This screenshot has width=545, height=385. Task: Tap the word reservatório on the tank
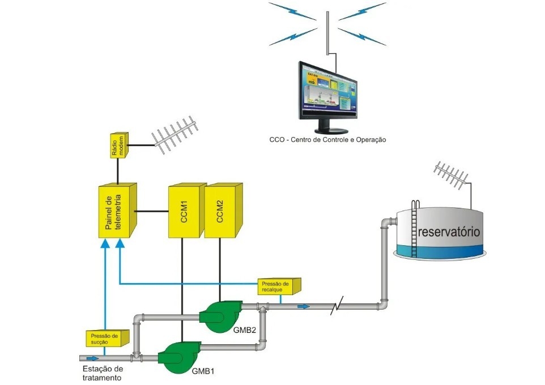(x=449, y=232)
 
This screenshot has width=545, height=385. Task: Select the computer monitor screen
(x=327, y=89)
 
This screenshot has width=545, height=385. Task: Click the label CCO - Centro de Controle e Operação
(x=327, y=139)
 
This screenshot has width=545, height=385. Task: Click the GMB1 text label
(x=203, y=372)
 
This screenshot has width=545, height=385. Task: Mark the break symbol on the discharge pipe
(x=338, y=307)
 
